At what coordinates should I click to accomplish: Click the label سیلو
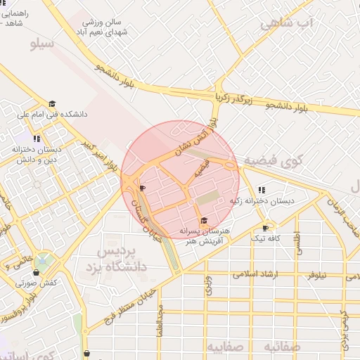coord(43,44)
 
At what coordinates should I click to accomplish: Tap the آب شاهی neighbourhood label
coord(285,23)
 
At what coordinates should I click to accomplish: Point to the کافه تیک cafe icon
coord(265,228)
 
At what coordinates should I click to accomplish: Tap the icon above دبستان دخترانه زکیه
coord(262,190)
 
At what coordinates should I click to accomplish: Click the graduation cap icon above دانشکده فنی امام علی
coord(51,104)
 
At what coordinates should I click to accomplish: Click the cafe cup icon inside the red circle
coord(142,188)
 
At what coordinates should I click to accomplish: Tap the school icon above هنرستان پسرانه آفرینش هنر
coord(204,220)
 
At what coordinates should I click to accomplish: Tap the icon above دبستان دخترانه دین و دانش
coord(36,139)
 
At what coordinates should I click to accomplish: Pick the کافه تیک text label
coord(267,238)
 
